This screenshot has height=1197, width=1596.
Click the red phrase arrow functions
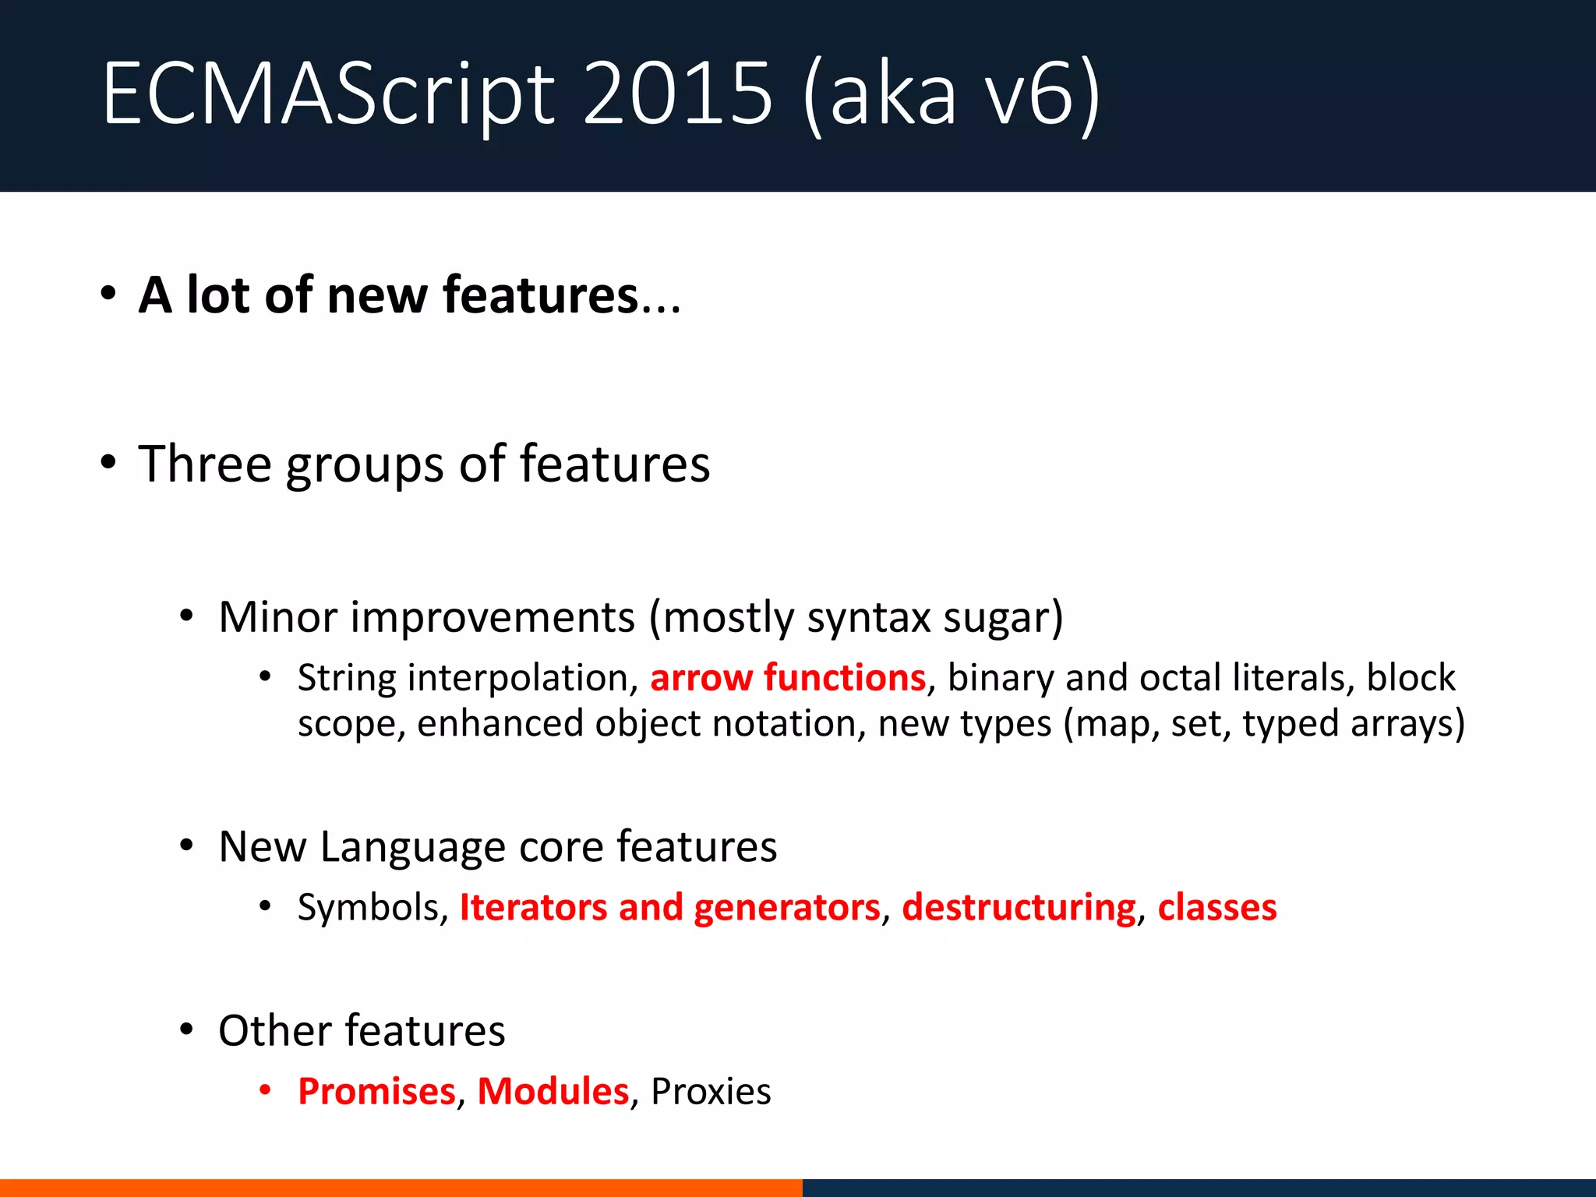[788, 677]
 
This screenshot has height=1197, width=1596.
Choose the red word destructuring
[1019, 908]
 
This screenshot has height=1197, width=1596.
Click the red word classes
[1216, 908]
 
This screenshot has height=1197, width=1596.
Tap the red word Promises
[376, 1091]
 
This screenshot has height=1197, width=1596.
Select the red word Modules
[553, 1091]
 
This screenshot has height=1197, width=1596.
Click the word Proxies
[711, 1091]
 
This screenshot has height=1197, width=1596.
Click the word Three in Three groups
[205, 464]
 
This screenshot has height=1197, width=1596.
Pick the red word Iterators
[533, 908]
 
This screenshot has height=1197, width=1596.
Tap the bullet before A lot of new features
[108, 295]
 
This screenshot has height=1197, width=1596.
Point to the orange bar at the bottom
[401, 1188]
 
